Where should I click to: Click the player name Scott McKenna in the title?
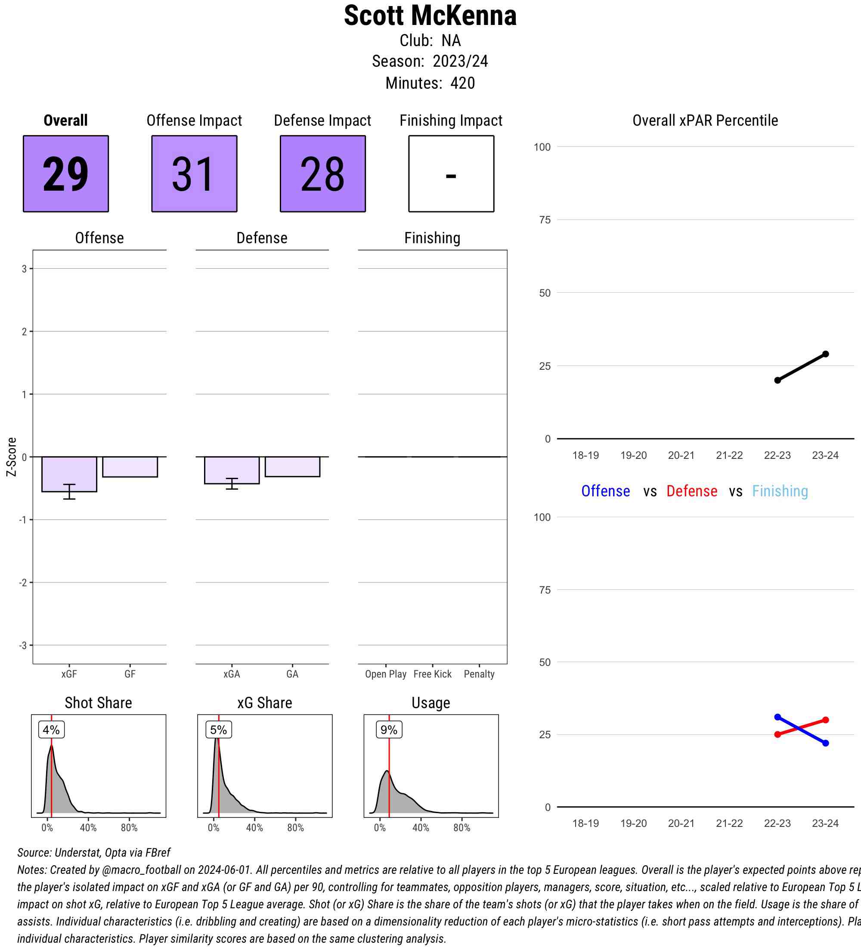click(430, 16)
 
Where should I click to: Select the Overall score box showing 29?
click(66, 174)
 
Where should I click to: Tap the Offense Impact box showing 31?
click(194, 174)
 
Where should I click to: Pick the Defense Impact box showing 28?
click(323, 174)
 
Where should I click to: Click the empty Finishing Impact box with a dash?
click(451, 174)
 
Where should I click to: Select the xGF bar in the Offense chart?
click(69, 474)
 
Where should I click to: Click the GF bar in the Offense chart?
click(130, 467)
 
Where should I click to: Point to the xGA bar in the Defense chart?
click(232, 470)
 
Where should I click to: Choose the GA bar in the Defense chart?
click(292, 467)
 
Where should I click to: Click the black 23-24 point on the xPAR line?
click(825, 354)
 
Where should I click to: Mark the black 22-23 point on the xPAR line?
click(777, 381)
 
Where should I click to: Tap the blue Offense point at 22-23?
click(777, 717)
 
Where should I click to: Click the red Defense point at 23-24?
click(825, 720)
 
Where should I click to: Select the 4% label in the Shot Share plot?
click(51, 730)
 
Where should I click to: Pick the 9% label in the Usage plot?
click(389, 730)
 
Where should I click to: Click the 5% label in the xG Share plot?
click(218, 730)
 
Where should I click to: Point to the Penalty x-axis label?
click(479, 674)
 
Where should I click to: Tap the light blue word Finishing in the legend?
click(780, 491)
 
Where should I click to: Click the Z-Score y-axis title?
click(12, 457)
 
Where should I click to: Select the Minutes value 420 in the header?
click(462, 83)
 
